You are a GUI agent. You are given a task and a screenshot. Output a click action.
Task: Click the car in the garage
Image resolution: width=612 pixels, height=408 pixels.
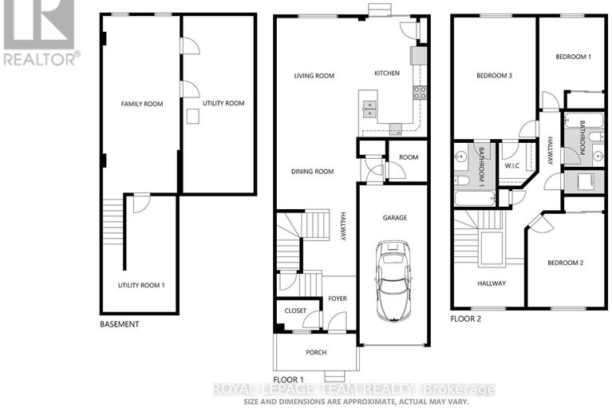pyautogui.click(x=393, y=280)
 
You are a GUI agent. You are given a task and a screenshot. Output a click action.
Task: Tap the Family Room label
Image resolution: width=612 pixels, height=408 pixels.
pyautogui.click(x=142, y=104)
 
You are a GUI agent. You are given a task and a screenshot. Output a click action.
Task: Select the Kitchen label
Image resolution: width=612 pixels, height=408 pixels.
pyautogui.click(x=387, y=73)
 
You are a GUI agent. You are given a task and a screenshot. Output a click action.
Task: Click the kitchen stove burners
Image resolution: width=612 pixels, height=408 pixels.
pyautogui.click(x=420, y=93)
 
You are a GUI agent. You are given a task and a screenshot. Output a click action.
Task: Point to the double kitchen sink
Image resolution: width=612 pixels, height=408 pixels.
pyautogui.click(x=369, y=109)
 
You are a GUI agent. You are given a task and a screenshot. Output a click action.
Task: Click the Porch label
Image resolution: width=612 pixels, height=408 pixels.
pyautogui.click(x=316, y=352)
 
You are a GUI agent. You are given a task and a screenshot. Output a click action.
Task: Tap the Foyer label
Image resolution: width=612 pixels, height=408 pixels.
pyautogui.click(x=338, y=299)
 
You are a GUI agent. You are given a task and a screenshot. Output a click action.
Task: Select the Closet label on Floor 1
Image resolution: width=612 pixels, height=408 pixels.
pyautogui.click(x=295, y=311)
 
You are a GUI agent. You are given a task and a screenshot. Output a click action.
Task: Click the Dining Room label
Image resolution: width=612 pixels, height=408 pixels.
pyautogui.click(x=312, y=171)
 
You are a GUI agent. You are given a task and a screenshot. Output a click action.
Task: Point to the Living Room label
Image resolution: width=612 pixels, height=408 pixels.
pyautogui.click(x=314, y=76)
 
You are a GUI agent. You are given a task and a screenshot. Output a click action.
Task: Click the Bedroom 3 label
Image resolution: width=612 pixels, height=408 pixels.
pyautogui.click(x=494, y=75)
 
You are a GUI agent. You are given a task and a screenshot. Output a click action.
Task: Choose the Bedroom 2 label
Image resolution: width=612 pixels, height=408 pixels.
pyautogui.click(x=566, y=263)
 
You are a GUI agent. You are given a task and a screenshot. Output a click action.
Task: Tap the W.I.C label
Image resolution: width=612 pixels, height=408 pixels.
pyautogui.click(x=512, y=165)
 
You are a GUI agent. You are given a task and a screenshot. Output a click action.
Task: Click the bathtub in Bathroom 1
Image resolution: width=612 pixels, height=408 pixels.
pyautogui.click(x=475, y=198)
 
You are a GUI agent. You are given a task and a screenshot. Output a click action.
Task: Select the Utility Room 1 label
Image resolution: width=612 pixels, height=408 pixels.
pyautogui.click(x=141, y=285)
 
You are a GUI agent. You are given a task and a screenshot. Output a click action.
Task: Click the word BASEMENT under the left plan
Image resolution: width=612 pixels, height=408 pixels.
pyautogui.click(x=120, y=324)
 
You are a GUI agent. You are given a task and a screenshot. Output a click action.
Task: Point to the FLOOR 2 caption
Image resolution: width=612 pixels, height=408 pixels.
pyautogui.click(x=466, y=319)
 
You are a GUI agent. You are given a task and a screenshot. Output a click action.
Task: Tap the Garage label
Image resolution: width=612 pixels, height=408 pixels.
pyautogui.click(x=395, y=217)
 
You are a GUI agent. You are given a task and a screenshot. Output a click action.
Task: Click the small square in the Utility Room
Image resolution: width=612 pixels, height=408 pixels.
pyautogui.click(x=193, y=117)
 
